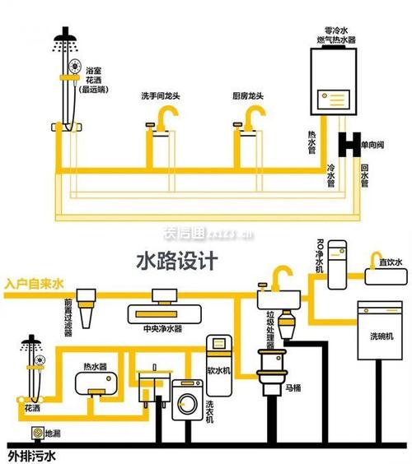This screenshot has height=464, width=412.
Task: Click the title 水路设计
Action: tap(176, 261)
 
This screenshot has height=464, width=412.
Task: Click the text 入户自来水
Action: tap(33, 284)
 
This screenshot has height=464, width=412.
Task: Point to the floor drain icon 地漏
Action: tap(35, 433)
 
